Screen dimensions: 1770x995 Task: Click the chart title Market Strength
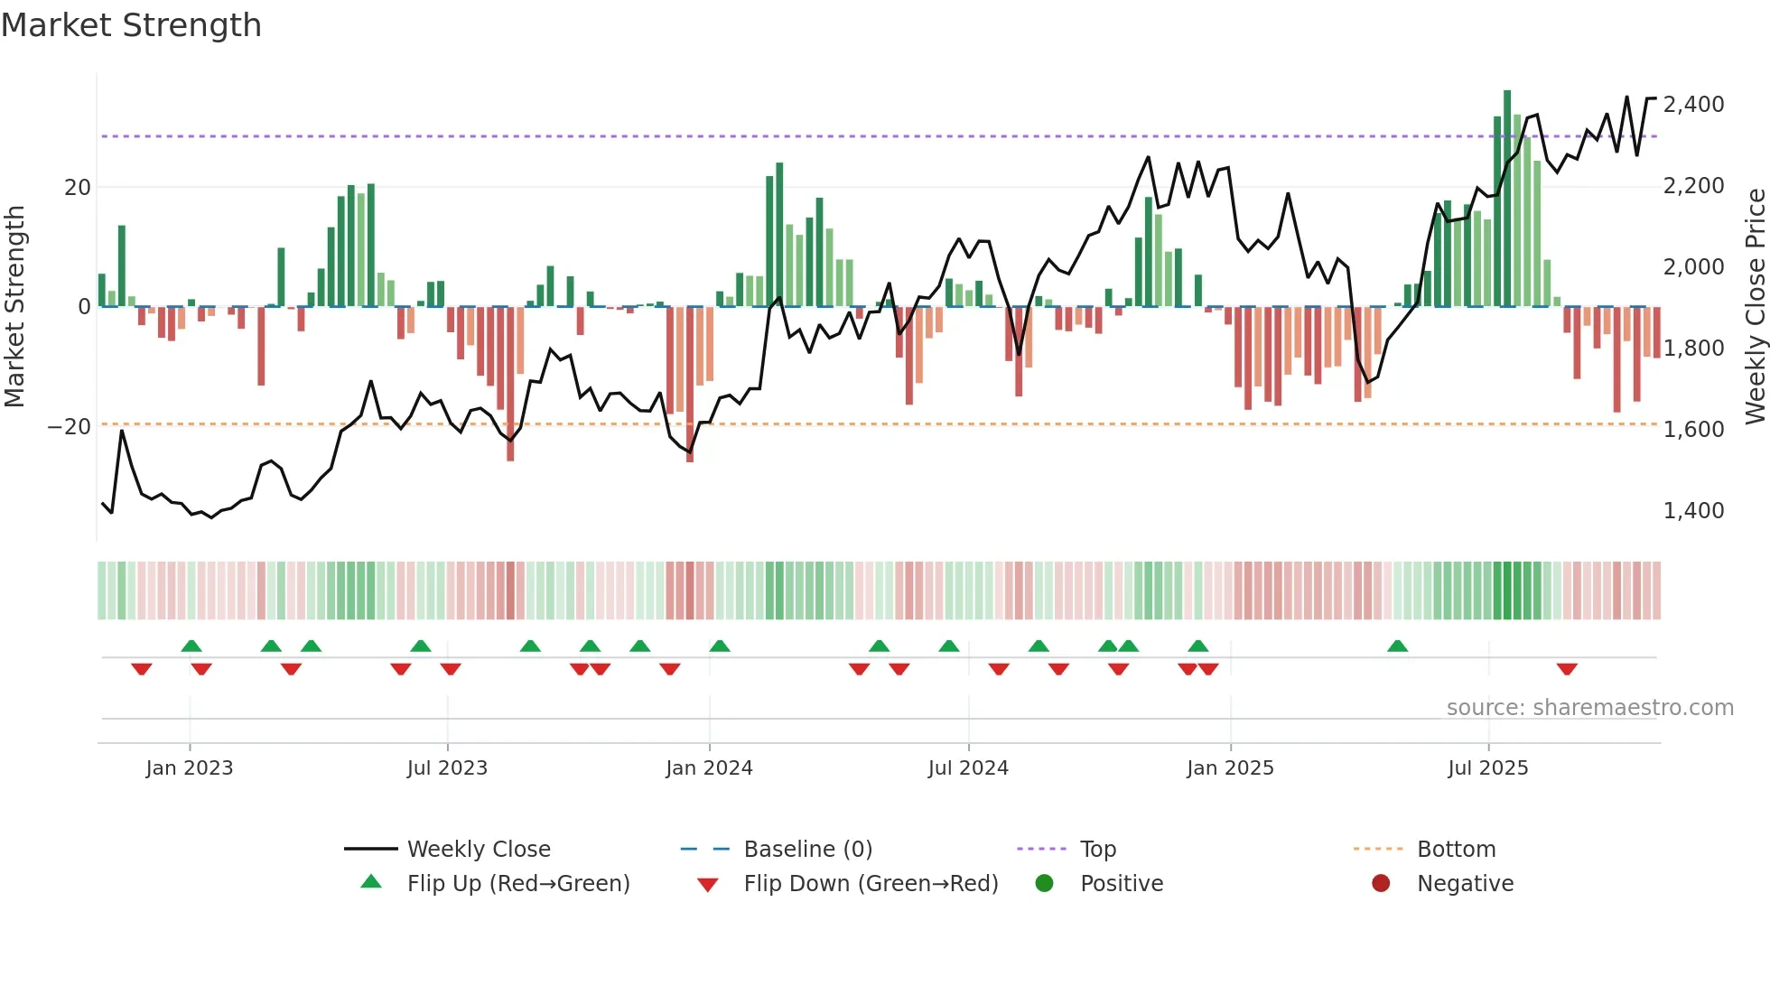click(131, 25)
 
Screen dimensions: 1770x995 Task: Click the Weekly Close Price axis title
click(1755, 305)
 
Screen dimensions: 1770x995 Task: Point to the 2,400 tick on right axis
click(1693, 105)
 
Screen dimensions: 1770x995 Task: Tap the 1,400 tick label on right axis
click(1693, 511)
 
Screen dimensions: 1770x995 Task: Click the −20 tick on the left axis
click(69, 426)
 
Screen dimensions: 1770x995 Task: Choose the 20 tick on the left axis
click(78, 188)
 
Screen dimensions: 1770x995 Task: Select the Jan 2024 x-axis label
click(709, 768)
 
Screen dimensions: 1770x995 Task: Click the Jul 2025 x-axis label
click(1487, 768)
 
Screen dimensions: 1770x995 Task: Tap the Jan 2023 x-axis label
click(189, 768)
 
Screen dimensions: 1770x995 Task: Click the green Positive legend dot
click(1044, 884)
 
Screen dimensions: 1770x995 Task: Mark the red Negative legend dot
click(1381, 884)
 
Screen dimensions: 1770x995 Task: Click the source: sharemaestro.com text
click(1589, 708)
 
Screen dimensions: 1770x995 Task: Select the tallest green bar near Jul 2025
click(1507, 199)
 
